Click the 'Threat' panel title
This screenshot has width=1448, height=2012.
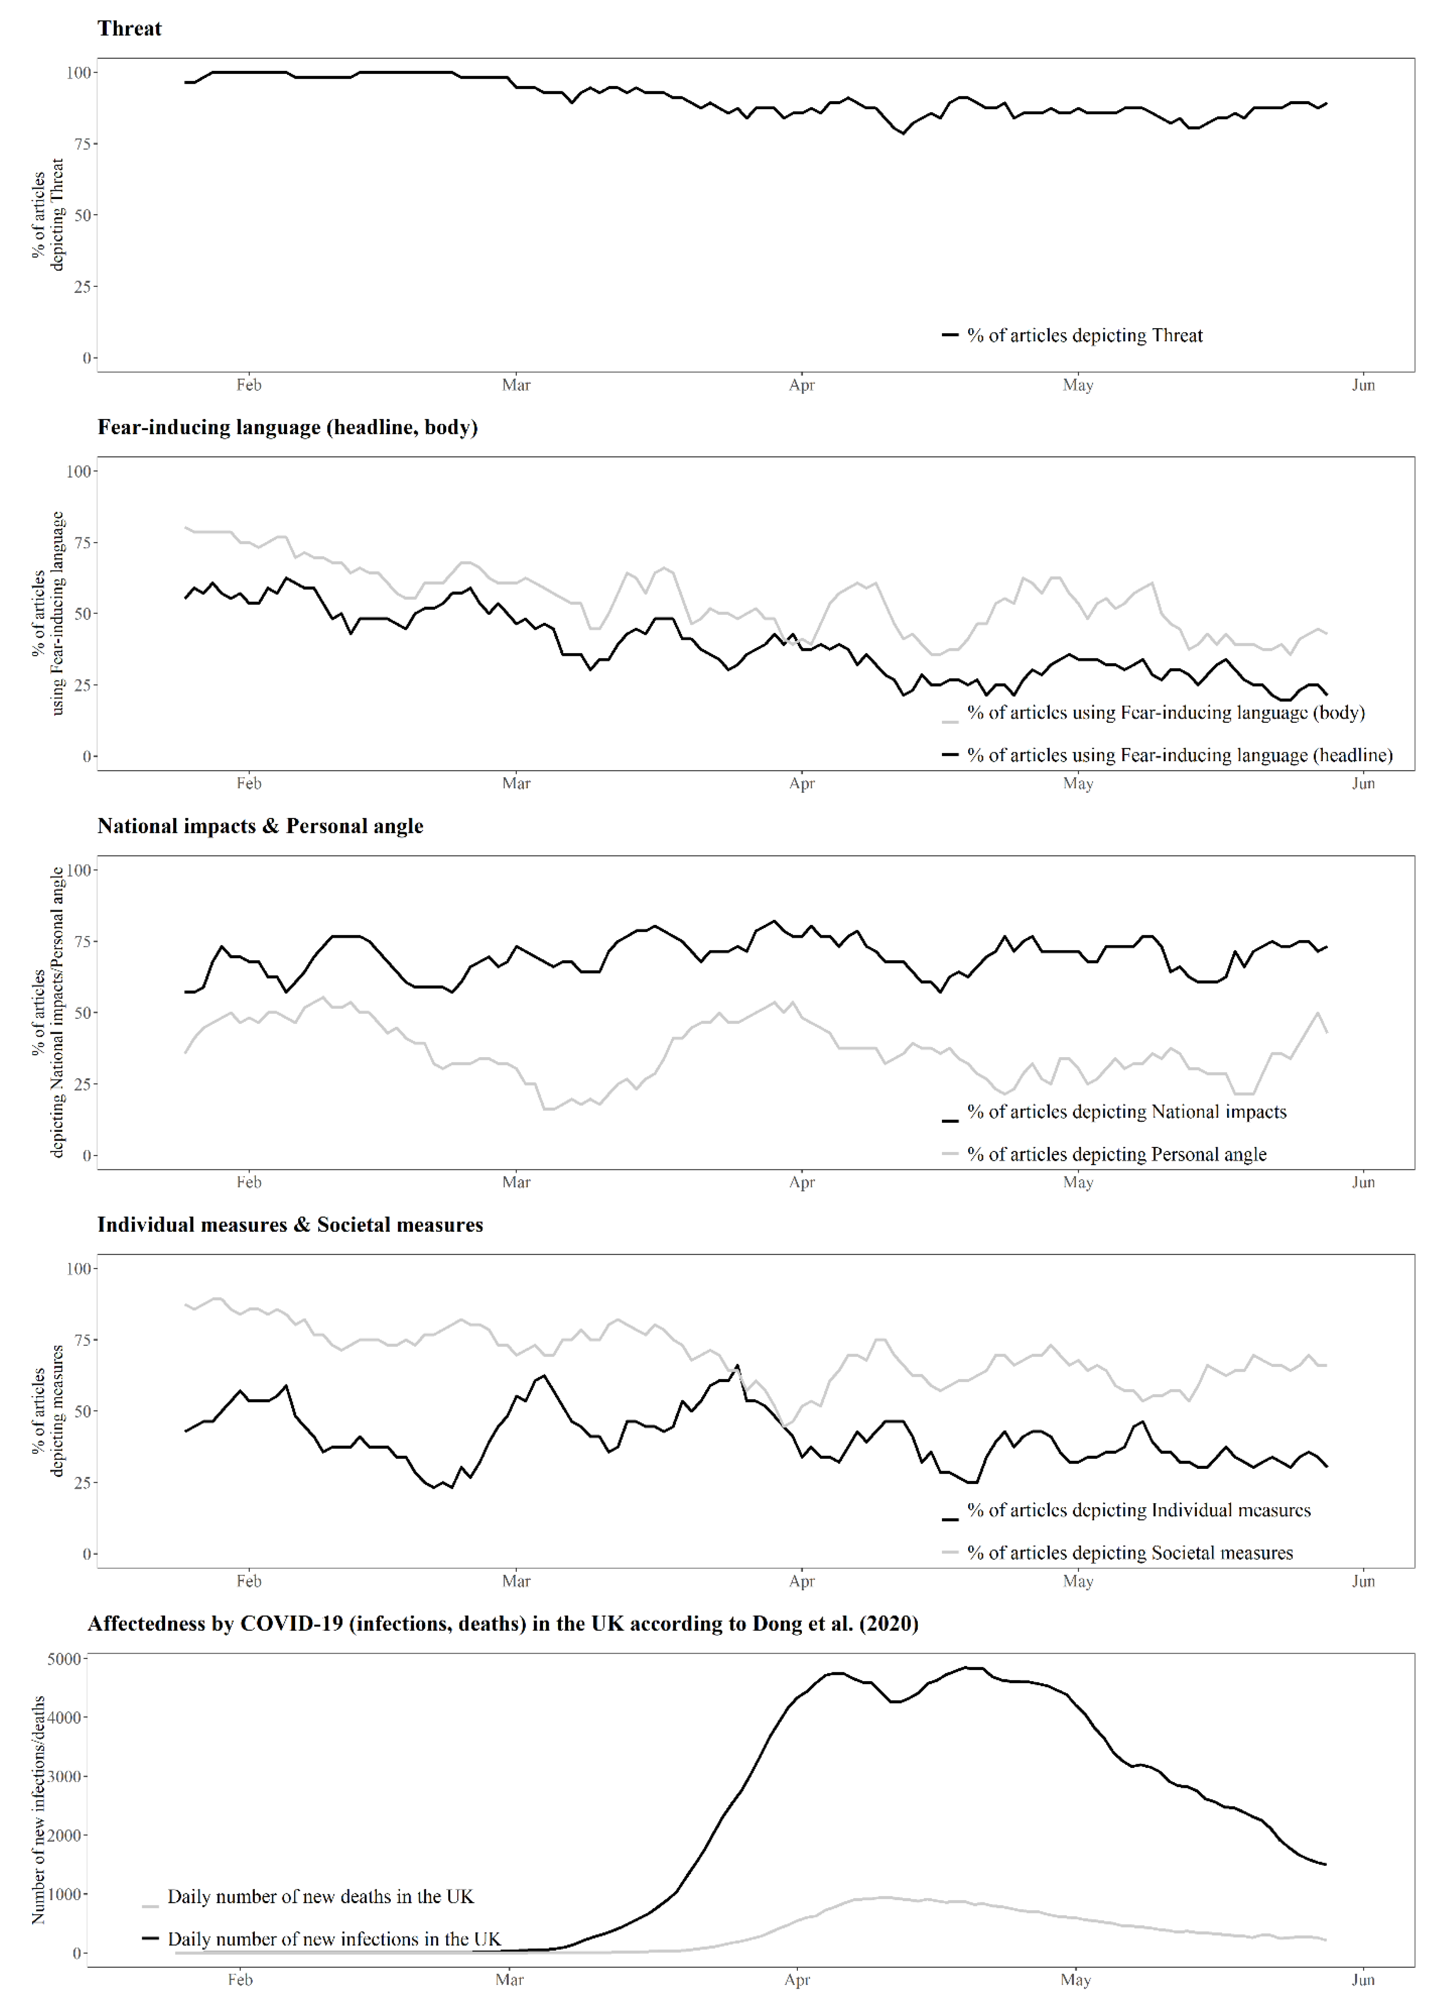click(130, 28)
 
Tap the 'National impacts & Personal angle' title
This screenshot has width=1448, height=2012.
click(260, 826)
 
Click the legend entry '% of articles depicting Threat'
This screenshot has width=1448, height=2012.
click(1084, 335)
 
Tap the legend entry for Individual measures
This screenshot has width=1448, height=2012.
click(1138, 1510)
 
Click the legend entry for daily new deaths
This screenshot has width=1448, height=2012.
click(320, 1897)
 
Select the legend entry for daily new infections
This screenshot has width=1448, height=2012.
click(334, 1939)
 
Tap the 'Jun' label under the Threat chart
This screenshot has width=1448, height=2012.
click(1363, 385)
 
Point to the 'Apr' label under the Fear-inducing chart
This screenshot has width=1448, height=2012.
click(801, 783)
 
